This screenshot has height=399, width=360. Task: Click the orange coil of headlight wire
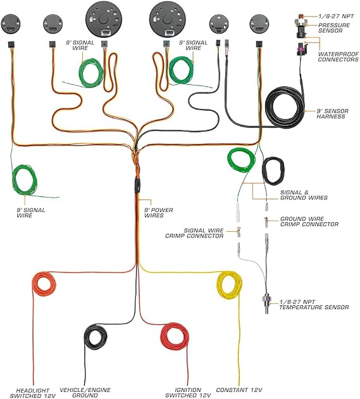[34, 284]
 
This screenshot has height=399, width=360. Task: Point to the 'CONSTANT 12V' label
[239, 389]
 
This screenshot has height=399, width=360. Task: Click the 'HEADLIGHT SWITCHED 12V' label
[33, 393]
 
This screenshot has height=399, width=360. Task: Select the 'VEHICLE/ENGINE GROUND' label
[85, 393]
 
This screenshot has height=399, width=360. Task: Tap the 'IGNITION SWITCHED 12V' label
[188, 393]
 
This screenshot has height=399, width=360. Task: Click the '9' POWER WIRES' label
[158, 213]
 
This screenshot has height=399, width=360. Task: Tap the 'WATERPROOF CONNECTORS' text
[338, 57]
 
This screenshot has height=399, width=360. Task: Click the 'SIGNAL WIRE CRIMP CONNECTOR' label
[194, 233]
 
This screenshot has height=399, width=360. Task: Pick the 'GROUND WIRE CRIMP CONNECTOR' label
[309, 222]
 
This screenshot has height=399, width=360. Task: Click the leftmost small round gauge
[10, 23]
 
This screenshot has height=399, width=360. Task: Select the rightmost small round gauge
[259, 23]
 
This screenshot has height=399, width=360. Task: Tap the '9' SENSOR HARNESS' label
[333, 114]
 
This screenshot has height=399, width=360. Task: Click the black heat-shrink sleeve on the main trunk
[137, 185]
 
